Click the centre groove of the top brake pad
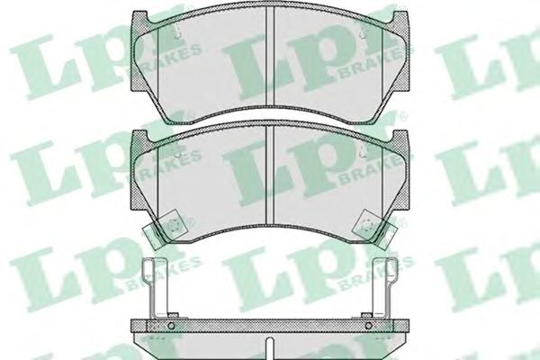coord(270,56)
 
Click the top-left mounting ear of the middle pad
coord(139,137)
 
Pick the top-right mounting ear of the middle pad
coord(400,137)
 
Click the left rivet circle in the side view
coord(171,326)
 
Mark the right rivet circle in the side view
coord(369,326)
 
